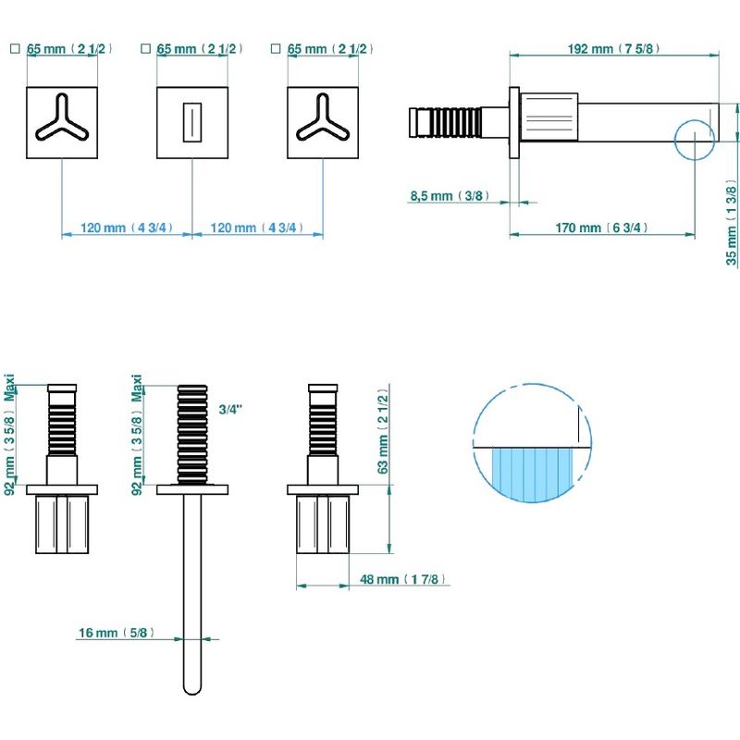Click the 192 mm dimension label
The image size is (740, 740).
point(613,49)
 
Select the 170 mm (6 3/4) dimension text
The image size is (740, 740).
point(601,228)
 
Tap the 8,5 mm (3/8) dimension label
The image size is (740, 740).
point(450,196)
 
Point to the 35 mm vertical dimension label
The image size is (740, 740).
point(731,222)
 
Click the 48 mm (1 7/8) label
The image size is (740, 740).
point(403,579)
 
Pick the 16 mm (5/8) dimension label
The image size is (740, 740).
point(117,633)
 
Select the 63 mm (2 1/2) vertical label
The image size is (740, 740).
point(383,431)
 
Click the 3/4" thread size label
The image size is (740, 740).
point(230,409)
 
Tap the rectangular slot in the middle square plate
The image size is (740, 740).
point(192,122)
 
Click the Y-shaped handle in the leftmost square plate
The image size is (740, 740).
point(62,118)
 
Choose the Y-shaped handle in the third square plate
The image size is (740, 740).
point(323,118)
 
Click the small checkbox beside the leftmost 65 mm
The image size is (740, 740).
point(15,48)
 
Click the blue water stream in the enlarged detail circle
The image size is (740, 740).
point(532,474)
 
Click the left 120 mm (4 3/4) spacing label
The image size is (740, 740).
point(127,228)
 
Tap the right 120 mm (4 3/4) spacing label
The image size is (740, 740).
point(257,228)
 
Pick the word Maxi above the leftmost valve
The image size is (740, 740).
point(9,388)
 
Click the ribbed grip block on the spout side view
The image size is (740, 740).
point(549,117)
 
